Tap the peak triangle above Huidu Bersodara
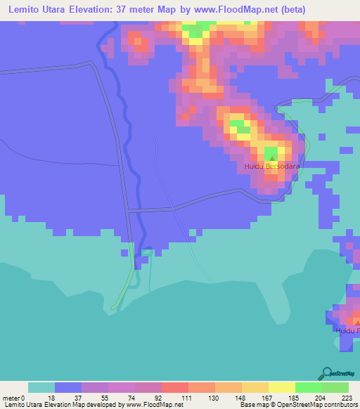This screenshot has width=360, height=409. pos(271,157)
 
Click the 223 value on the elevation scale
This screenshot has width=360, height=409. pos(347,398)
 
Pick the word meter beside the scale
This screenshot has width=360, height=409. pos(11,398)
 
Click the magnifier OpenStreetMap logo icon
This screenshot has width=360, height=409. pos(326,374)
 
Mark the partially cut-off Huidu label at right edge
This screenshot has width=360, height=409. pos(348,330)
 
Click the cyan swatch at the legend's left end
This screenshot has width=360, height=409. pos(41,387)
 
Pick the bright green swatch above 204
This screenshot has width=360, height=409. pos(309,387)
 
